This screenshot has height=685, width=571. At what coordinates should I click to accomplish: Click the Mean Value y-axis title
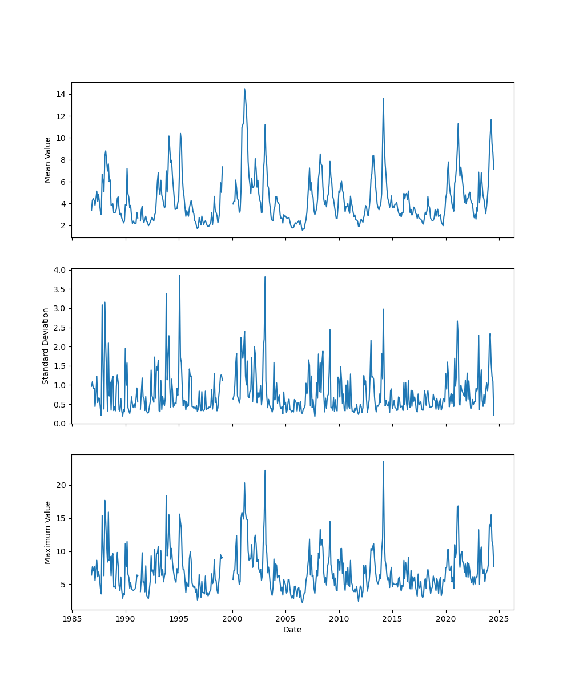tap(48, 160)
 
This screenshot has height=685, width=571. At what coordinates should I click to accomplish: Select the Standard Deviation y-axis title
tap(46, 346)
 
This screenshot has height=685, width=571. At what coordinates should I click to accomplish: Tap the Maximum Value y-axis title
tap(48, 532)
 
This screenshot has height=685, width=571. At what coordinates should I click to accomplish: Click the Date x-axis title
tap(292, 630)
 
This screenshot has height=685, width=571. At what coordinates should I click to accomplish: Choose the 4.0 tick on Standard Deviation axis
tap(59, 269)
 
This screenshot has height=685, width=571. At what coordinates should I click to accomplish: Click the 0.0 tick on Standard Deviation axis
tap(59, 424)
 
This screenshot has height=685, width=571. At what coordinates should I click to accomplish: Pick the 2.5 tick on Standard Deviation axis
tap(59, 327)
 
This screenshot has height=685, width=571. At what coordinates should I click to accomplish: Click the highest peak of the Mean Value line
tap(244, 89)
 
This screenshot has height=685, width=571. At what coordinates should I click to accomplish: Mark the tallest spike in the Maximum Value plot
tap(383, 461)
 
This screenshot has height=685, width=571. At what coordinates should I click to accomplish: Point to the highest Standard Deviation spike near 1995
tap(179, 275)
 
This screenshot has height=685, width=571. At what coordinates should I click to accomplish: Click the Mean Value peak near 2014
tap(383, 98)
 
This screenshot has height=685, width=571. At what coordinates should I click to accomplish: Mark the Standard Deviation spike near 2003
tap(265, 277)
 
